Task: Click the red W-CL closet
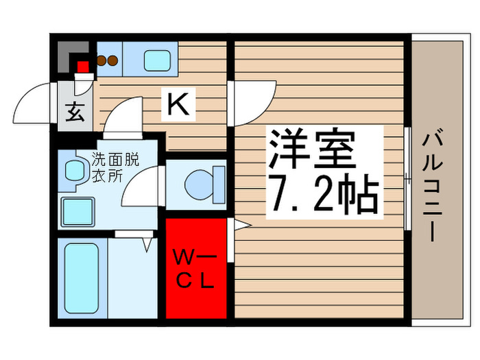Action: pos(196,268)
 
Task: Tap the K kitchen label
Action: pos(177,105)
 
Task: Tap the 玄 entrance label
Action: pos(74,112)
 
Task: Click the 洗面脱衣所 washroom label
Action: pos(116,167)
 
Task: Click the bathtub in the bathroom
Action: pos(82,278)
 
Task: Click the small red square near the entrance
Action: pos(84,67)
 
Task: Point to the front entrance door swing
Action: pos(34,103)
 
